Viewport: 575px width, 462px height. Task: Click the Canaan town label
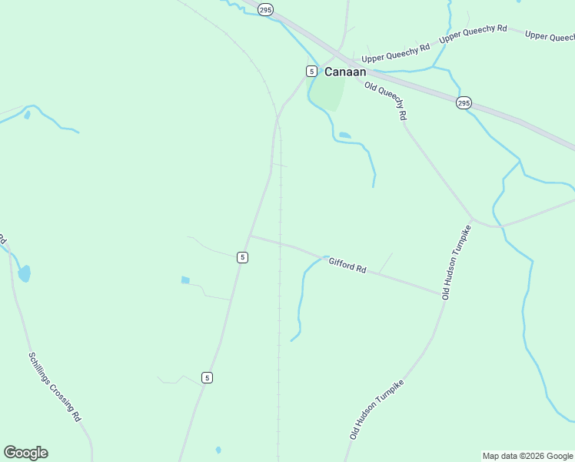click(344, 72)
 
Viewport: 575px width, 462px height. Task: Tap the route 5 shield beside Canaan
click(311, 71)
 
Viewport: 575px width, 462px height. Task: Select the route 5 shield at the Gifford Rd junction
click(242, 257)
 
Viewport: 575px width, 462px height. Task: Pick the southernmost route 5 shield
click(208, 377)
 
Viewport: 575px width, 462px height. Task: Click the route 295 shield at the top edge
click(265, 9)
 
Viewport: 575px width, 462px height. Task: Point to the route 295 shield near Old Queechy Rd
click(463, 102)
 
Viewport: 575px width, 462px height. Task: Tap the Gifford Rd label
click(347, 266)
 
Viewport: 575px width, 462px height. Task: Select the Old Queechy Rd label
click(386, 101)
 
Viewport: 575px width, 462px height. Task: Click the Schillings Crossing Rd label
click(55, 387)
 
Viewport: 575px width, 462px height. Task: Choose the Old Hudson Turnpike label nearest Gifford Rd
click(456, 263)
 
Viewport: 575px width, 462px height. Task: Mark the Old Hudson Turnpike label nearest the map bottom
click(377, 409)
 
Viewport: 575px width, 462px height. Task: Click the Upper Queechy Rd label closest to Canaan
click(396, 52)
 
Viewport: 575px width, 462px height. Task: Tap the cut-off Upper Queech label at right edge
click(550, 35)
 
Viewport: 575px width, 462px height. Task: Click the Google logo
click(25, 453)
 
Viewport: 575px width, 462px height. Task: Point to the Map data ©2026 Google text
click(527, 456)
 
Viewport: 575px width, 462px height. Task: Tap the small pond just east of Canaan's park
click(345, 136)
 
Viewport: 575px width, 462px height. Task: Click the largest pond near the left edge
click(25, 273)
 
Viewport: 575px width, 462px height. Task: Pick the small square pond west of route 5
click(185, 280)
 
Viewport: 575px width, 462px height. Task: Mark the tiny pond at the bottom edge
click(218, 450)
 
